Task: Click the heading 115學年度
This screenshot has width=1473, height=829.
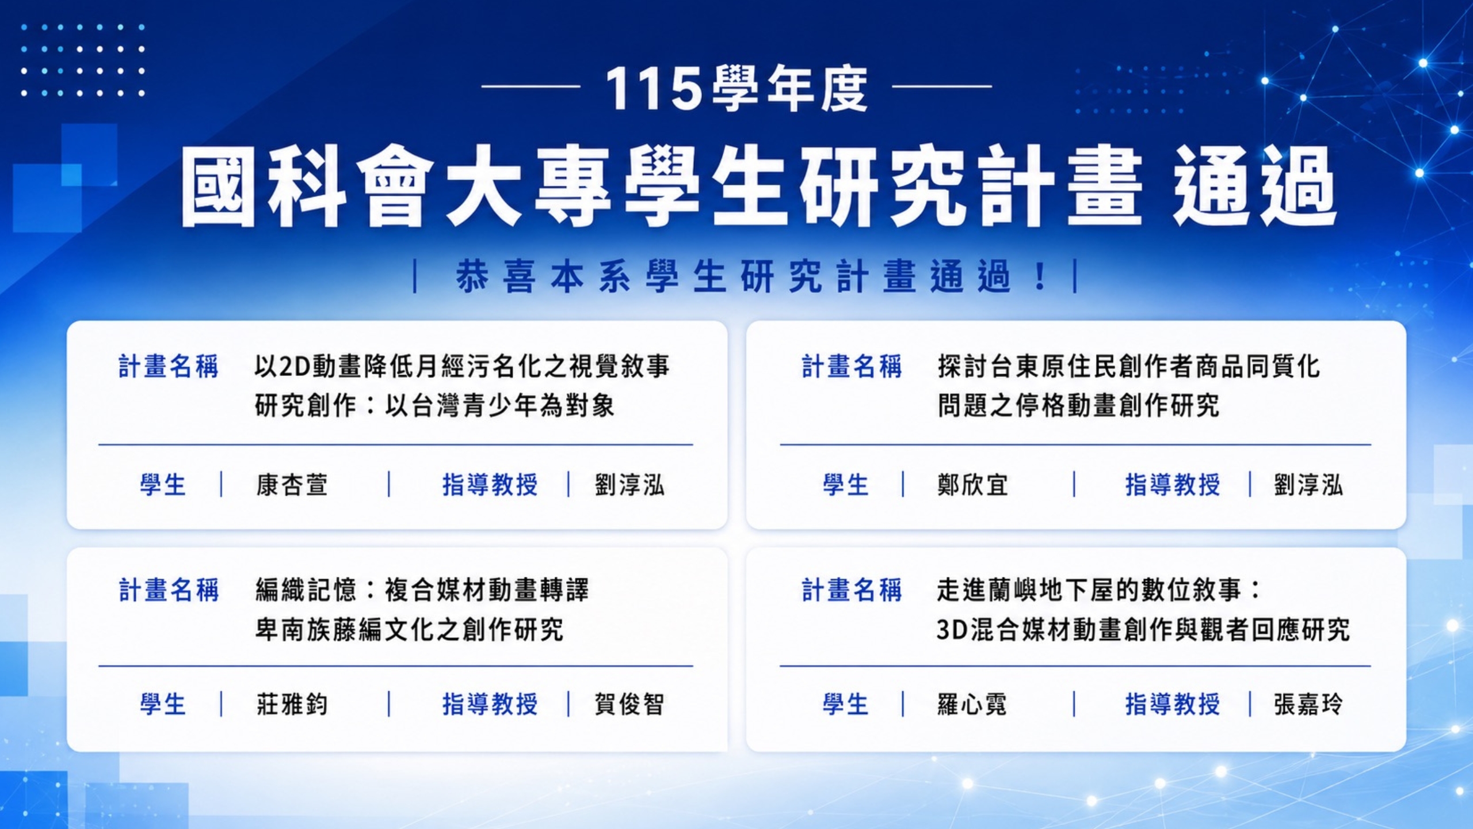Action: click(x=736, y=88)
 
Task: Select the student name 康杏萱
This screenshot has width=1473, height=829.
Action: click(x=292, y=485)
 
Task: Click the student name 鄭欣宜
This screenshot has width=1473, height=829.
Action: click(x=972, y=485)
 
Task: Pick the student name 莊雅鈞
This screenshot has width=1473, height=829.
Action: click(x=292, y=704)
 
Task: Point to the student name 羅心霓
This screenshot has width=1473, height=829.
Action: click(x=972, y=704)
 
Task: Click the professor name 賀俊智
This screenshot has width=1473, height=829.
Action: click(x=629, y=704)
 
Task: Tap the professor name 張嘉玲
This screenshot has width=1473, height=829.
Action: click(x=1308, y=704)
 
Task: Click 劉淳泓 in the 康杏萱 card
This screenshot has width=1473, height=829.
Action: click(x=629, y=485)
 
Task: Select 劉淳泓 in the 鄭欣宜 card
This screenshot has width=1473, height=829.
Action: click(x=1308, y=485)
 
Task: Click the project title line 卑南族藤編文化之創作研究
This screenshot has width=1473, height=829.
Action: click(x=409, y=629)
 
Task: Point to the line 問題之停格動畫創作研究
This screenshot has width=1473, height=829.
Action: click(x=1078, y=405)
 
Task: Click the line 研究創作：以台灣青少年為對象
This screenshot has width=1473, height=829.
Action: click(x=434, y=405)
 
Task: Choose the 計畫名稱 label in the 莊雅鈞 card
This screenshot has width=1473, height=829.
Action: click(x=169, y=590)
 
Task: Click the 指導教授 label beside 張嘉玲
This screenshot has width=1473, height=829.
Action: click(x=1173, y=704)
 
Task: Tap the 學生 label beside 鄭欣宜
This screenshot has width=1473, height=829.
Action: click(x=845, y=485)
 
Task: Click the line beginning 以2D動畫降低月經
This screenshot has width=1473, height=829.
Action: click(x=462, y=366)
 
